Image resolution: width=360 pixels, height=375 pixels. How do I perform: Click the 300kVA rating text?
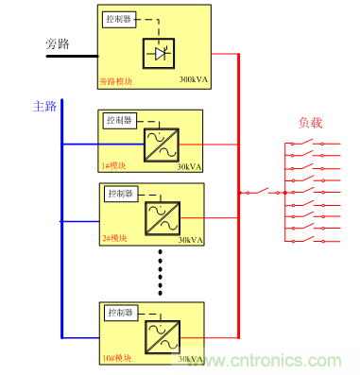193,81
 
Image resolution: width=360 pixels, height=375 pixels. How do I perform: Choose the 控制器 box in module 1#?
120,120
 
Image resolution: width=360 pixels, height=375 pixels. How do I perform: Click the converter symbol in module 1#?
158,145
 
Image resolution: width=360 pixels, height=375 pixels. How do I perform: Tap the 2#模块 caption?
115,240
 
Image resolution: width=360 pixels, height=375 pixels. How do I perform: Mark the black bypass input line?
70,55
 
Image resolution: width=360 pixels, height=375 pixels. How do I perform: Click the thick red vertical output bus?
238,189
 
